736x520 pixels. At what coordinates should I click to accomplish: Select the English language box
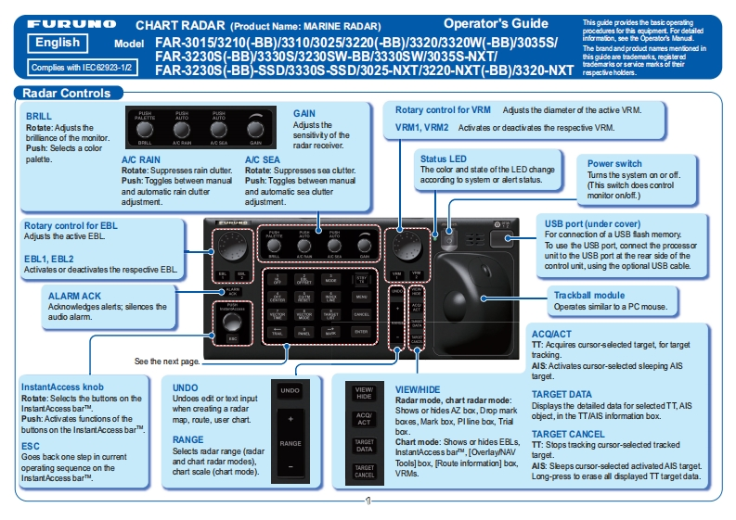pyautogui.click(x=58, y=44)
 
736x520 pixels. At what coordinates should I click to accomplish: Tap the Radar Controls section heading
pyautogui.click(x=66, y=93)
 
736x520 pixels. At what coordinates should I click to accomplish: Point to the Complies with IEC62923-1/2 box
pyautogui.click(x=70, y=68)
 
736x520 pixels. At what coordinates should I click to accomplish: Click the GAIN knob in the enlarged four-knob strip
pyautogui.click(x=254, y=128)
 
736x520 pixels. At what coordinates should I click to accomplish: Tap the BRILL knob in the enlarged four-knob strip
pyautogui.click(x=145, y=128)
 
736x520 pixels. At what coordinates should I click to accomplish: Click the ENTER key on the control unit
pyautogui.click(x=362, y=331)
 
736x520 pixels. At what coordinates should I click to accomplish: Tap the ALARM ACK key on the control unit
pyautogui.click(x=231, y=291)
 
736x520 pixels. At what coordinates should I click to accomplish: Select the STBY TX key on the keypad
pyautogui.click(x=362, y=278)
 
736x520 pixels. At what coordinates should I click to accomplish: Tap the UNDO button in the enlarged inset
pyautogui.click(x=290, y=391)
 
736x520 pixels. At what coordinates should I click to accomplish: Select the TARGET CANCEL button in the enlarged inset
pyautogui.click(x=365, y=470)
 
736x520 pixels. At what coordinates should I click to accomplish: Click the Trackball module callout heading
pyautogui.click(x=588, y=294)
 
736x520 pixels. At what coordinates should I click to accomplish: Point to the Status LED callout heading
pyautogui.click(x=443, y=159)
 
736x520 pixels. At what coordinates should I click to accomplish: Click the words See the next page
pyautogui.click(x=167, y=361)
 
